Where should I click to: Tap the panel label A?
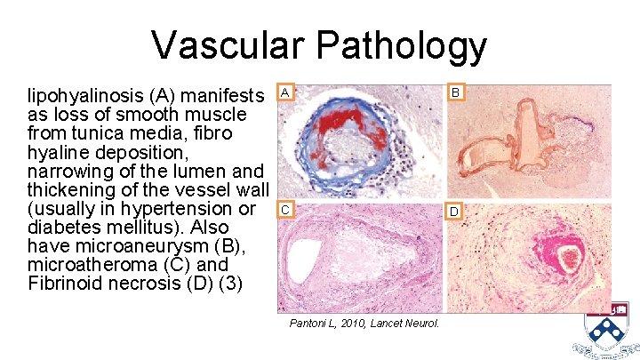284,92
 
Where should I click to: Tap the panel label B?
455,92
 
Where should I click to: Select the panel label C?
284,211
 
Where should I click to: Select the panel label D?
455,212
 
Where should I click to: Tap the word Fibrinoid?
65,284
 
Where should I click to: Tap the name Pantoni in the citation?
310,323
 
